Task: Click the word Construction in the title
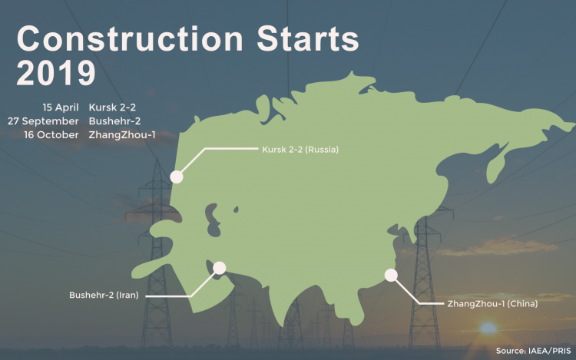point(130,38)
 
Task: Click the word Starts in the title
point(308,38)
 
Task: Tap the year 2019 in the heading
point(56,73)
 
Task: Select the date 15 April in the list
point(61,107)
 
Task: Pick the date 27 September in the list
point(43,121)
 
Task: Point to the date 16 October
point(51,134)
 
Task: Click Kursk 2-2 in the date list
point(112,107)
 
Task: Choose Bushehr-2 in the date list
point(114,121)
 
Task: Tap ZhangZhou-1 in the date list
point(122,135)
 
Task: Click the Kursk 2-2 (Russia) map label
point(300,150)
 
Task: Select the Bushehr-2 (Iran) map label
point(104,295)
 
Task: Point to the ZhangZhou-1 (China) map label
point(492,303)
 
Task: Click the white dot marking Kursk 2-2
point(177,177)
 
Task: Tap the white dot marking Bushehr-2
point(220,268)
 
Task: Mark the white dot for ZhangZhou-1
point(391,275)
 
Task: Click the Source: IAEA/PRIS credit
point(534,351)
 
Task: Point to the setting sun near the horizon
point(488,328)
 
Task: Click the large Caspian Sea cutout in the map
point(213,220)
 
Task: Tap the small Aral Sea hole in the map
point(236,210)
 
